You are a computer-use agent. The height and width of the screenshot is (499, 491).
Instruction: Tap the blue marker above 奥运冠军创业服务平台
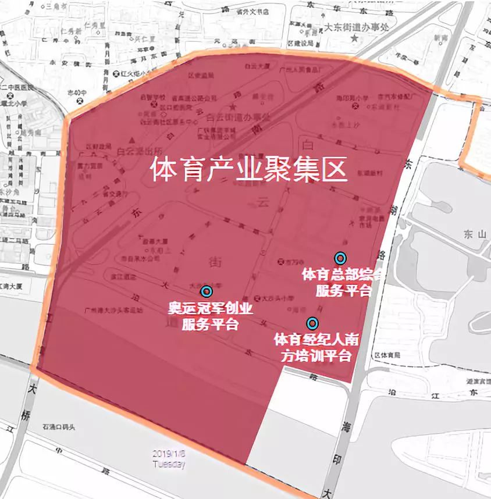205,291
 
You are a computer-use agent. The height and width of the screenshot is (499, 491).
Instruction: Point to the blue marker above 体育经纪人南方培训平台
312,323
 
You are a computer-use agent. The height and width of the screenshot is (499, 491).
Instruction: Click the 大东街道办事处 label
355,26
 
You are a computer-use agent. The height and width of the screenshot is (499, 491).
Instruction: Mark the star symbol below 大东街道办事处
355,37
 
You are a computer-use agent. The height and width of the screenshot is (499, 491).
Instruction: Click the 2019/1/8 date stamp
169,453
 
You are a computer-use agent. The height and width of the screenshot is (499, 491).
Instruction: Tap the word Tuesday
169,464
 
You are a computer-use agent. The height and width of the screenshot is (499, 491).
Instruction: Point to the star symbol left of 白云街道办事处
233,108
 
